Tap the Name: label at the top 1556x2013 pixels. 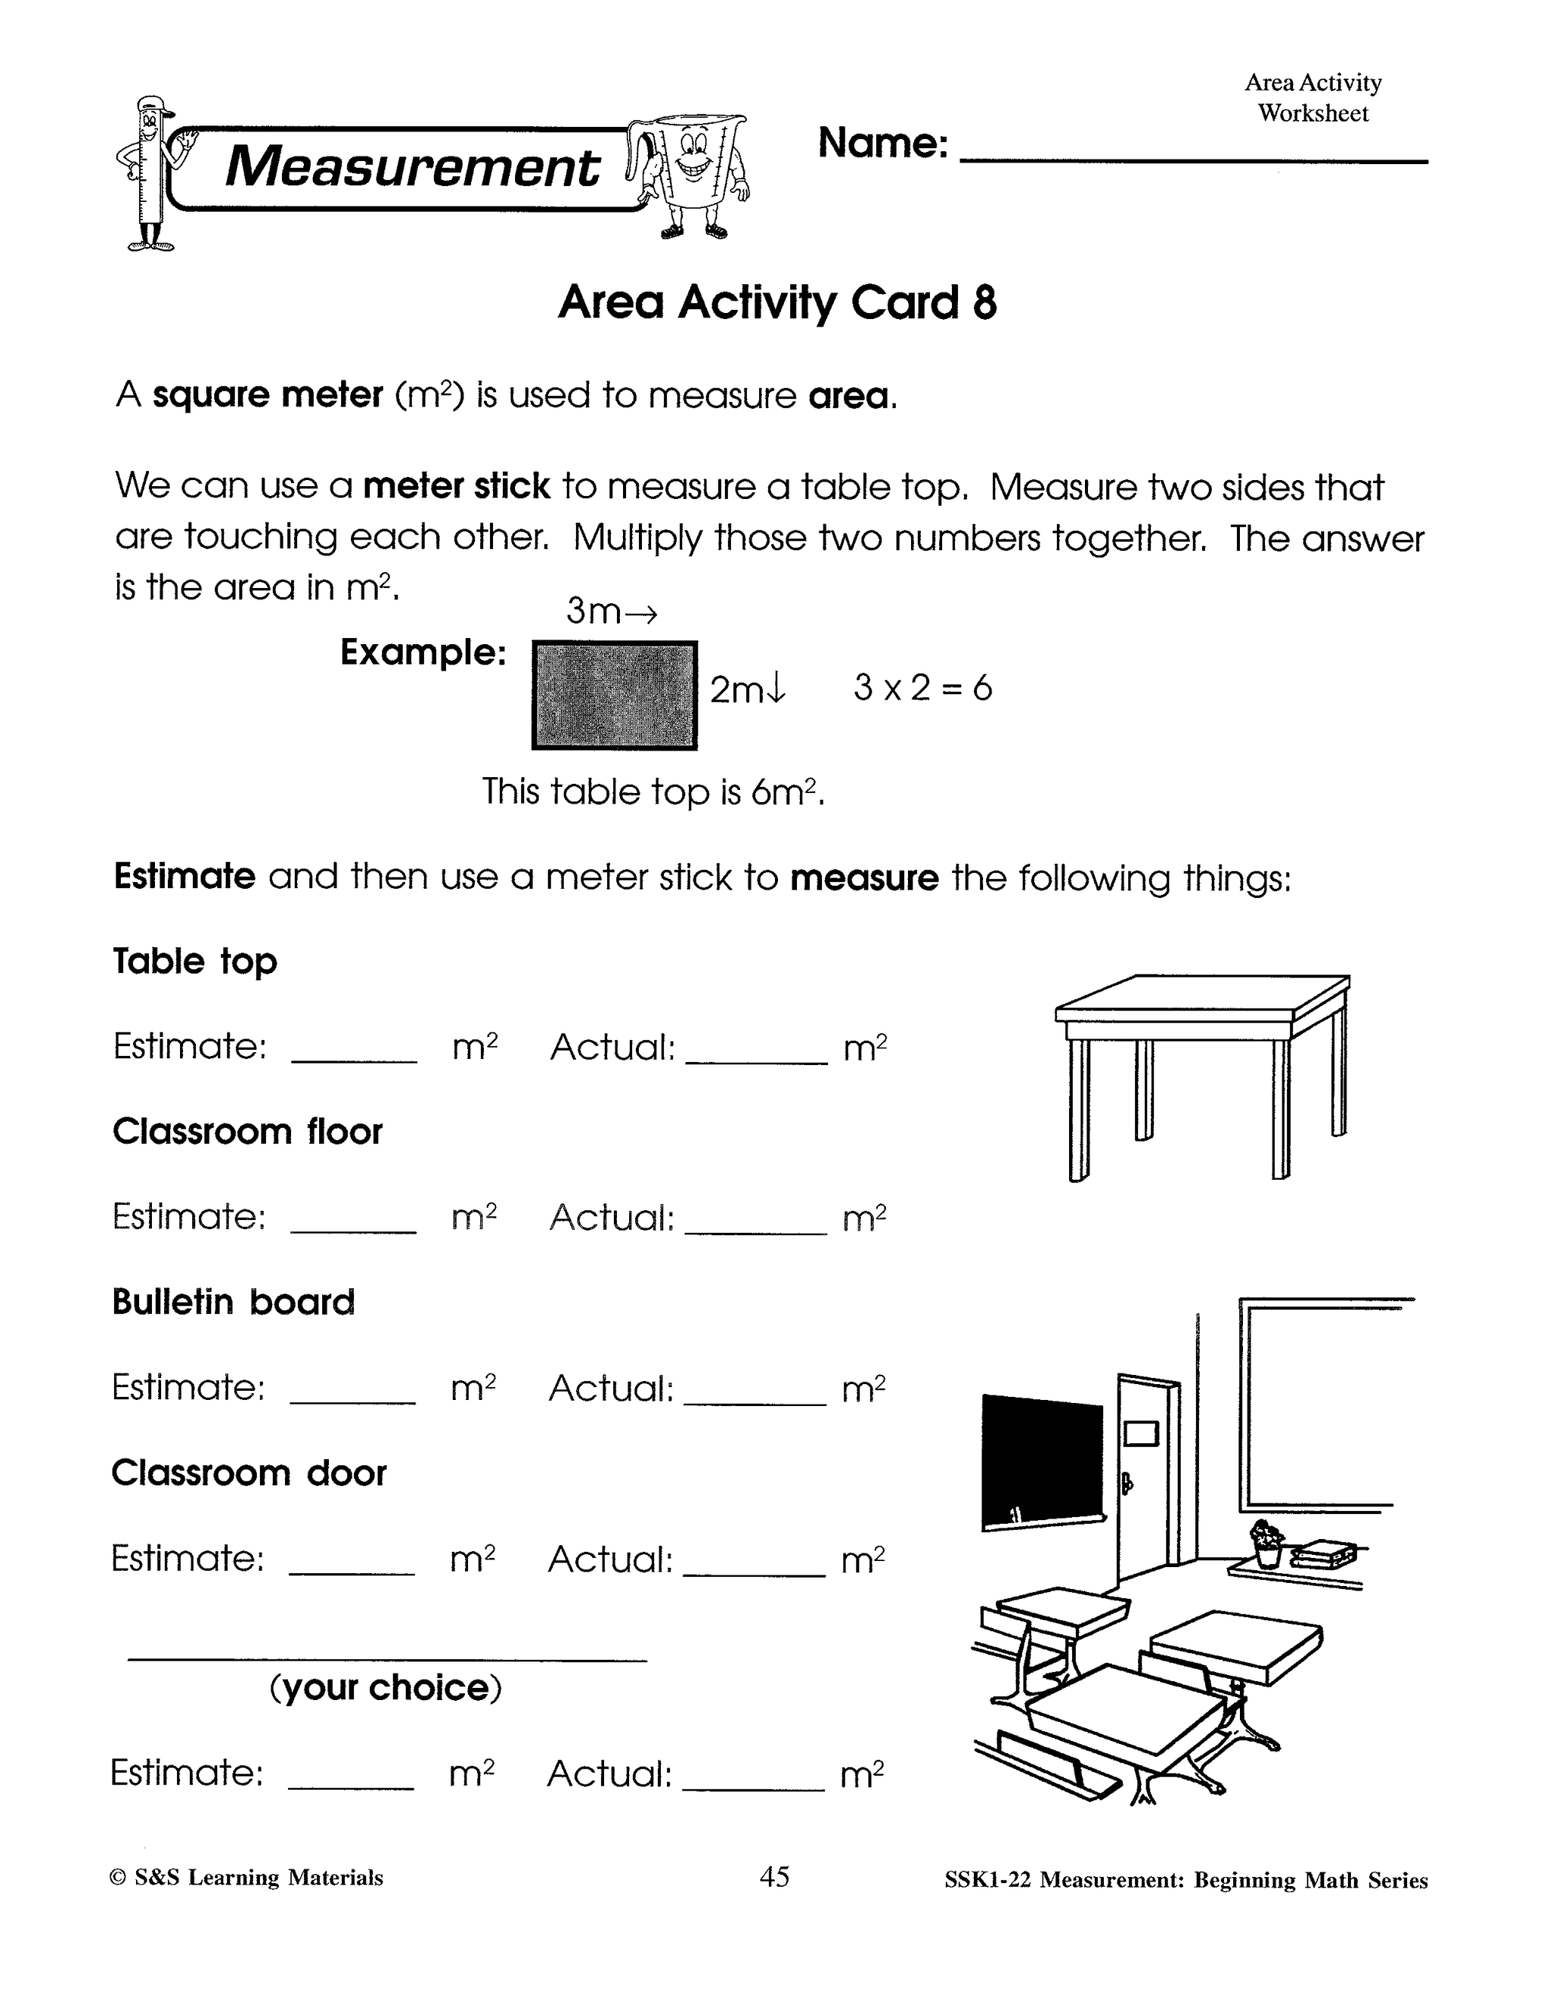882,143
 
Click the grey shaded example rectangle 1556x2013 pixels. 614,695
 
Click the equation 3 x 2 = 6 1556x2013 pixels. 922,687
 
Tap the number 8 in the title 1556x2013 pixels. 985,302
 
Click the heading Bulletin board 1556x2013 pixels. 233,1301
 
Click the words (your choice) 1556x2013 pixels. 385,1688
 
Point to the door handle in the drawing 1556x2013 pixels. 1125,1483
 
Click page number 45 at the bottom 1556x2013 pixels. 774,1876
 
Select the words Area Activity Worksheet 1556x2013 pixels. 1313,98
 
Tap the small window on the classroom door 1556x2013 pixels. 1141,1433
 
